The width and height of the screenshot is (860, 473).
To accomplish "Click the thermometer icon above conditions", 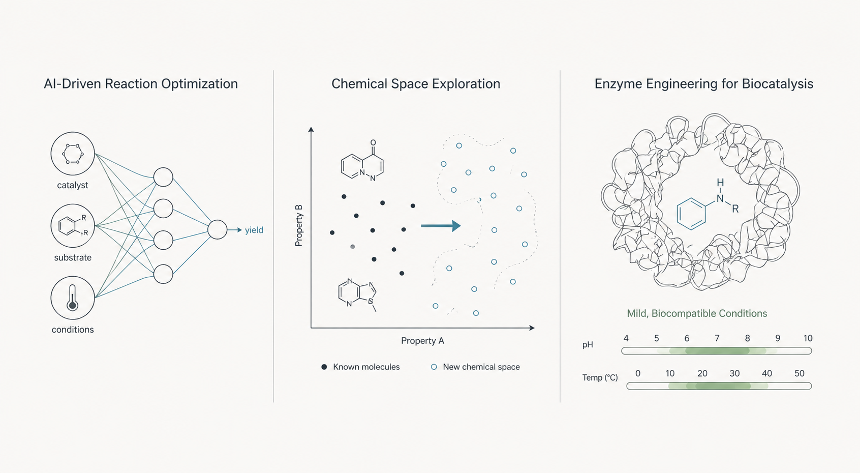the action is click(72, 298).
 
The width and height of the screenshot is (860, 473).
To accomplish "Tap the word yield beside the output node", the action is click(254, 230).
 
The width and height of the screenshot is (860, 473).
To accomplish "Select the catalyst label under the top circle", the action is click(73, 185).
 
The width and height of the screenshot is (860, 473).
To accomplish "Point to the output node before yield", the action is click(218, 230).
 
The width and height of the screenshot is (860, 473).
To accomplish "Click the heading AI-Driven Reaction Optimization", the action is click(140, 84).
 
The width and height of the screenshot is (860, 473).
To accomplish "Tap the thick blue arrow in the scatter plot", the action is click(441, 225).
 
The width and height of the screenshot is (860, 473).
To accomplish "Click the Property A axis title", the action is click(422, 341).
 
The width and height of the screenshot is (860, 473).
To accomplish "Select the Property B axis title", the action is click(299, 225).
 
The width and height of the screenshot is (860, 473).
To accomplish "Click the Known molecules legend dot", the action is click(324, 367).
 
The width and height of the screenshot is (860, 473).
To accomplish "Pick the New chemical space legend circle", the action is click(434, 367).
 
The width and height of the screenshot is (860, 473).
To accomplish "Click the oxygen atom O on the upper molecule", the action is click(373, 143).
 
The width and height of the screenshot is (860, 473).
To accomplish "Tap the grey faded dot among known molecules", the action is click(352, 247).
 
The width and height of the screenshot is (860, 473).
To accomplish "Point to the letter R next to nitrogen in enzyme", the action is click(735, 209).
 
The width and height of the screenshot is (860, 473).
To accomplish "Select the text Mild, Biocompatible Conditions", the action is click(697, 313).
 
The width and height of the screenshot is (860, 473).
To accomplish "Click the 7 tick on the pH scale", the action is click(717, 338).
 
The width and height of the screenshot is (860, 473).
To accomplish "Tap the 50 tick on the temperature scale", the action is click(800, 373).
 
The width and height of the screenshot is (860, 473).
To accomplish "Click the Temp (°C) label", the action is click(600, 378).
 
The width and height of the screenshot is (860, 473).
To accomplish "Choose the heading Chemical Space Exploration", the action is click(416, 84).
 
